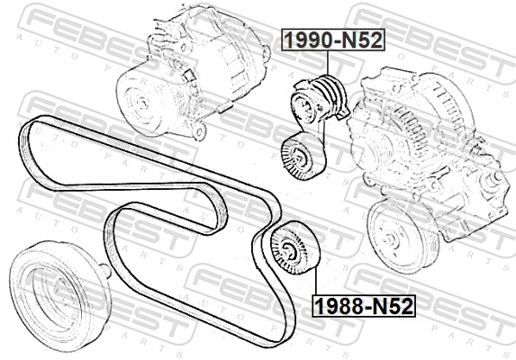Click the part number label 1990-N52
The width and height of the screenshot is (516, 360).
coord(333,40)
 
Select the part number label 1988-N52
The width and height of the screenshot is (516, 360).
coord(364,306)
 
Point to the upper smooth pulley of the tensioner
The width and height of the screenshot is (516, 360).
coord(304,106)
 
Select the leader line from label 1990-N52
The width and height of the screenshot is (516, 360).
coord(328,63)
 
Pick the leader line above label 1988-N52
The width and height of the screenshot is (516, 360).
coord(316,281)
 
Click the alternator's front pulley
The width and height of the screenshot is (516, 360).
coord(140,102)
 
